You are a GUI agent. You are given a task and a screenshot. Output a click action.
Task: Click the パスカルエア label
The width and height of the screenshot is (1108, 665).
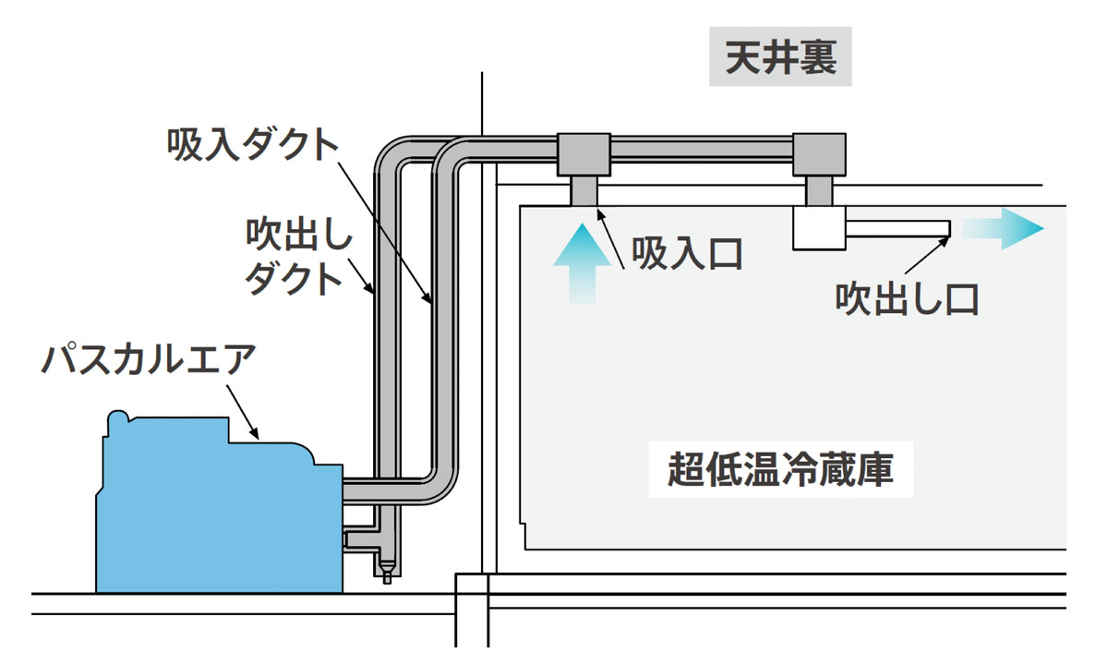click(x=147, y=358)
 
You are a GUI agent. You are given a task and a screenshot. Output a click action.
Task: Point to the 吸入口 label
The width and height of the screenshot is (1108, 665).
click(x=687, y=252)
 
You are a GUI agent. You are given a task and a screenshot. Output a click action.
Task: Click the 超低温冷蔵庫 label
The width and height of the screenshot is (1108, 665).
click(x=780, y=469)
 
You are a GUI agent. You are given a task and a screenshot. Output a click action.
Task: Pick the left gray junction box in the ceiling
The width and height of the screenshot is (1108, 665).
click(x=584, y=154)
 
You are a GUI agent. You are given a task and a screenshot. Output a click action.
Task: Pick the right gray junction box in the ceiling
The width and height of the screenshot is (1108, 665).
click(x=820, y=154)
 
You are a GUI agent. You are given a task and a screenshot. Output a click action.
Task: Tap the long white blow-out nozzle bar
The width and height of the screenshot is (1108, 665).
click(x=899, y=227)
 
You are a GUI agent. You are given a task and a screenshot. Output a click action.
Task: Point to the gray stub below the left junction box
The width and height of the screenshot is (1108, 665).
click(x=584, y=191)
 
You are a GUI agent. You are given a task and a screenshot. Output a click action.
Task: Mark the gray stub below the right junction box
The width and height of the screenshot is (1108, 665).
click(x=820, y=191)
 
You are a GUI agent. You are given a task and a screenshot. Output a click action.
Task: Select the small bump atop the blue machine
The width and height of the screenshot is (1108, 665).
click(x=117, y=422)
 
